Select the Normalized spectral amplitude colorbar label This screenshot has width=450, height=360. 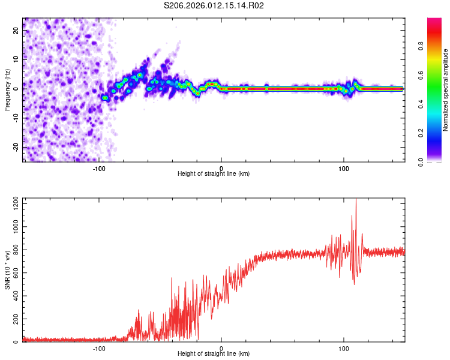pyautogui.click(x=445, y=90)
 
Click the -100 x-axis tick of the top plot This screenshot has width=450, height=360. pyautogui.click(x=100, y=168)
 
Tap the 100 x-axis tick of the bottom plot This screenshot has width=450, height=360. pyautogui.click(x=344, y=348)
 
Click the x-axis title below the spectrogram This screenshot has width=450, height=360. pyautogui.click(x=214, y=174)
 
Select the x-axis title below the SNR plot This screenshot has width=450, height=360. pyautogui.click(x=214, y=354)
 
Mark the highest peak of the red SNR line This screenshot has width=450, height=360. pyautogui.click(x=356, y=200)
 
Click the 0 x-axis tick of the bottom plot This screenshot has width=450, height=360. pyautogui.click(x=221, y=348)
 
